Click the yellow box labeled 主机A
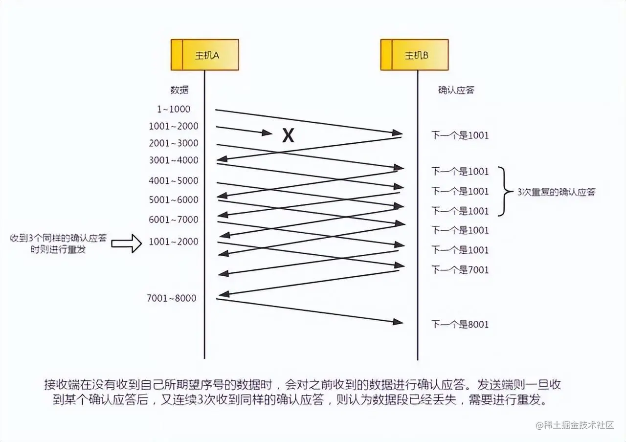coord(204,55)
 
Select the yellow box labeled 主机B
coord(414,55)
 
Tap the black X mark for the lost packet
coord(289,135)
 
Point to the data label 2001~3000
coord(174,143)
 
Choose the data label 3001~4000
coord(174,160)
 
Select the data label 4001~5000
coord(174,180)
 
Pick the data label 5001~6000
coord(174,199)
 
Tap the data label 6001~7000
coord(174,220)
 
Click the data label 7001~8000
coord(171,298)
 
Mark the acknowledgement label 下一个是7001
coord(460,269)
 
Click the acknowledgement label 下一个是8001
coord(460,324)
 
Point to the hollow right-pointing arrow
coord(126,243)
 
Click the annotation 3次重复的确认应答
coord(556,192)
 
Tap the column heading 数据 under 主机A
coord(179,90)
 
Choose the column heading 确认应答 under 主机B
coord(456,90)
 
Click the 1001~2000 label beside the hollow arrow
coord(174,242)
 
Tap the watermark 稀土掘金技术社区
coord(575,424)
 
